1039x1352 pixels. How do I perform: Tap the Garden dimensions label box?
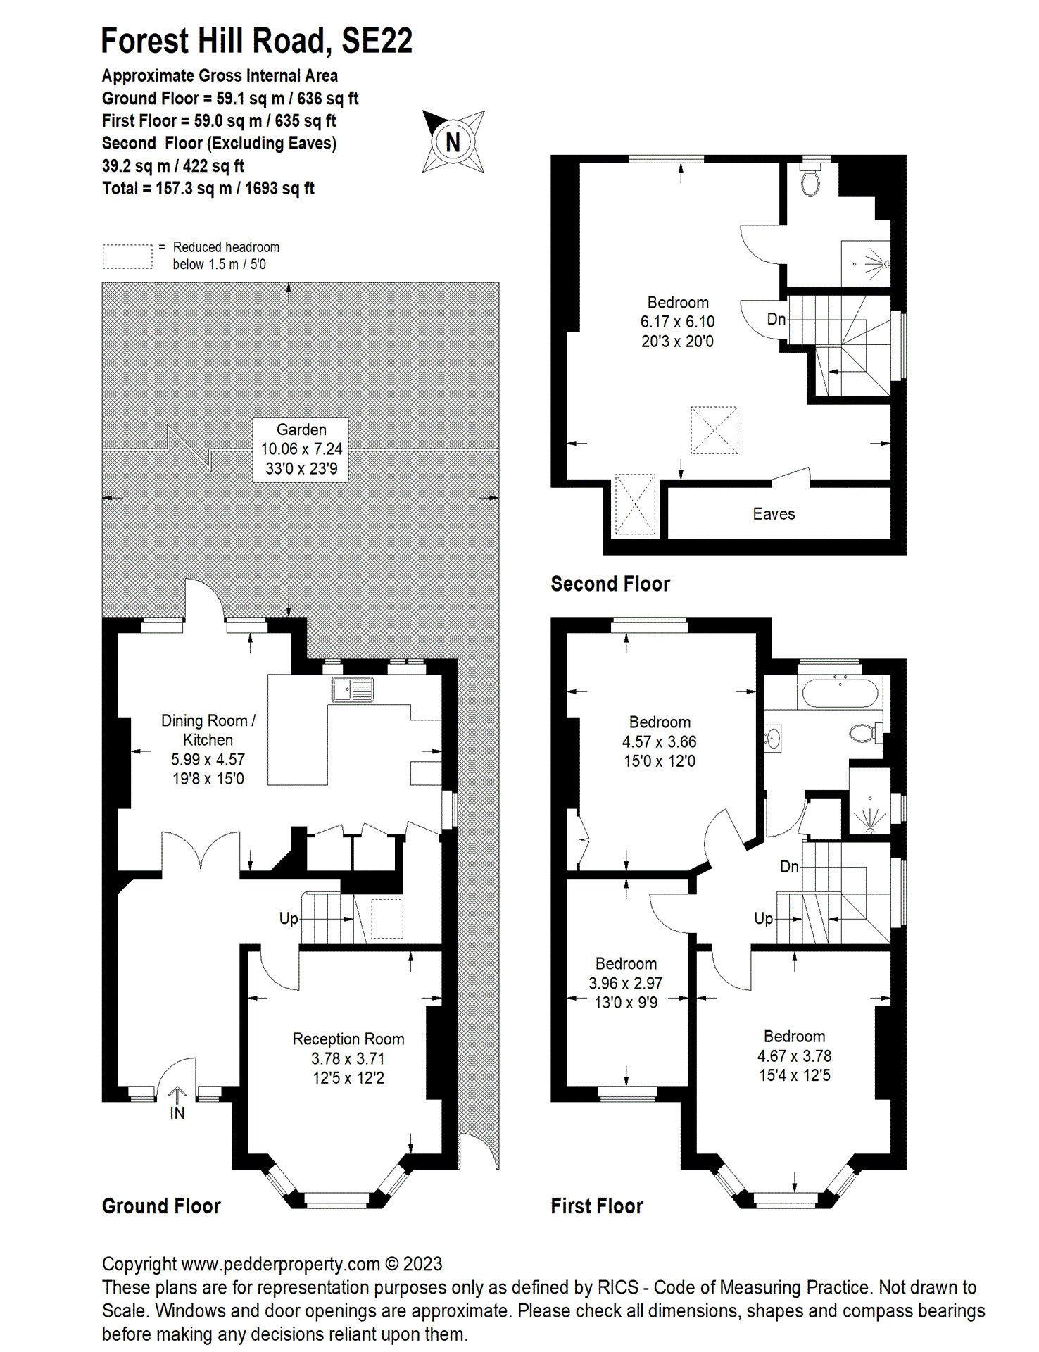click(301, 449)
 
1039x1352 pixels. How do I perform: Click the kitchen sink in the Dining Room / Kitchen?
click(352, 689)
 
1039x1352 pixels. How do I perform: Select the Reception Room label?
click(348, 1039)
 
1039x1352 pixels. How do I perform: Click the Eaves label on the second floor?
click(774, 514)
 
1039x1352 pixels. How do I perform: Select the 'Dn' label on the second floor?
click(776, 319)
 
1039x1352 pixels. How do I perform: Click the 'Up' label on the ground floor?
click(289, 918)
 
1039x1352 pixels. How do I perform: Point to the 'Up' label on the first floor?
click(763, 918)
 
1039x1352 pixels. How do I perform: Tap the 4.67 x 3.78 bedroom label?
click(794, 1056)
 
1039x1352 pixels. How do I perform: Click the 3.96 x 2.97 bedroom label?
click(626, 983)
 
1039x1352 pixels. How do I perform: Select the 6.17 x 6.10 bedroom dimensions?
click(677, 322)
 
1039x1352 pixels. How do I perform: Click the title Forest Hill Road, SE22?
click(256, 41)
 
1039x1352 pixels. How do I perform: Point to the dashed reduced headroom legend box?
click(127, 256)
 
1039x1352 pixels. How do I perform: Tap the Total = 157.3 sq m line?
click(208, 188)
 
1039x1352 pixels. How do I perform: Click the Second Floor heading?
click(610, 584)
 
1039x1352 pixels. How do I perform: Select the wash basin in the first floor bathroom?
click(773, 739)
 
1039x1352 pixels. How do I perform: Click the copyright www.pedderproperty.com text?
click(272, 1263)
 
